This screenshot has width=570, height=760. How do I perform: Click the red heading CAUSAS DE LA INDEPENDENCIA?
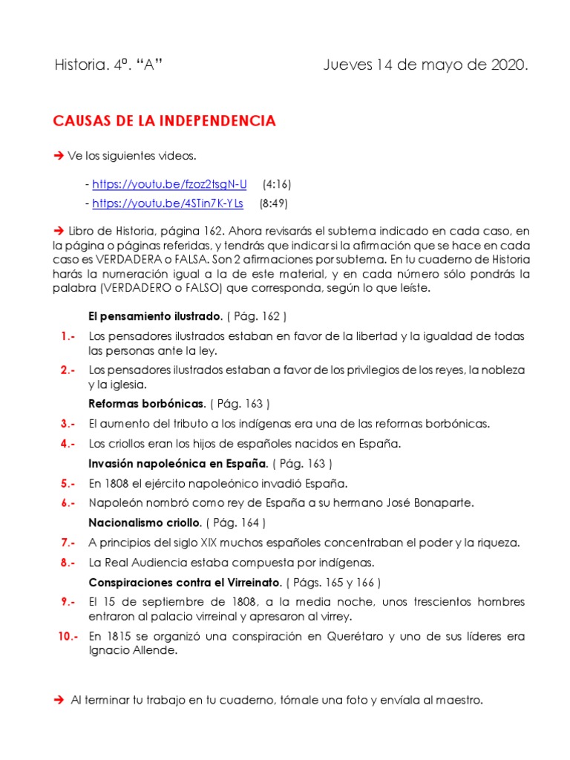click(x=165, y=121)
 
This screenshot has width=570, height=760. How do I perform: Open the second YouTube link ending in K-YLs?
click(x=167, y=203)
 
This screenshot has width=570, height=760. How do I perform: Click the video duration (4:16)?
click(x=278, y=184)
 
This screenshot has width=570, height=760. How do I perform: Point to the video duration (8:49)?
click(x=274, y=203)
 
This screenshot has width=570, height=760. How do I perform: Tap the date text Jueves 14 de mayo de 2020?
click(x=425, y=65)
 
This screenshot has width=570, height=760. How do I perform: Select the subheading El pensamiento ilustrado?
click(x=154, y=316)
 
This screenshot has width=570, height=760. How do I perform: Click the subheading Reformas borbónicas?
click(x=146, y=404)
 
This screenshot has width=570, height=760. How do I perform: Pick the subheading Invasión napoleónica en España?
click(x=177, y=463)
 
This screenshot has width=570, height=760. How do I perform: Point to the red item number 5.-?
click(x=68, y=483)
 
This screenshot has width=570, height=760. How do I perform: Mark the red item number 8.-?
click(x=68, y=562)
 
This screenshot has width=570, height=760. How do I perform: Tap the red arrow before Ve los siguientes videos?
click(x=59, y=155)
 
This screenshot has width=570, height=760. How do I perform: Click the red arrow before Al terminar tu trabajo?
click(x=59, y=699)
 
